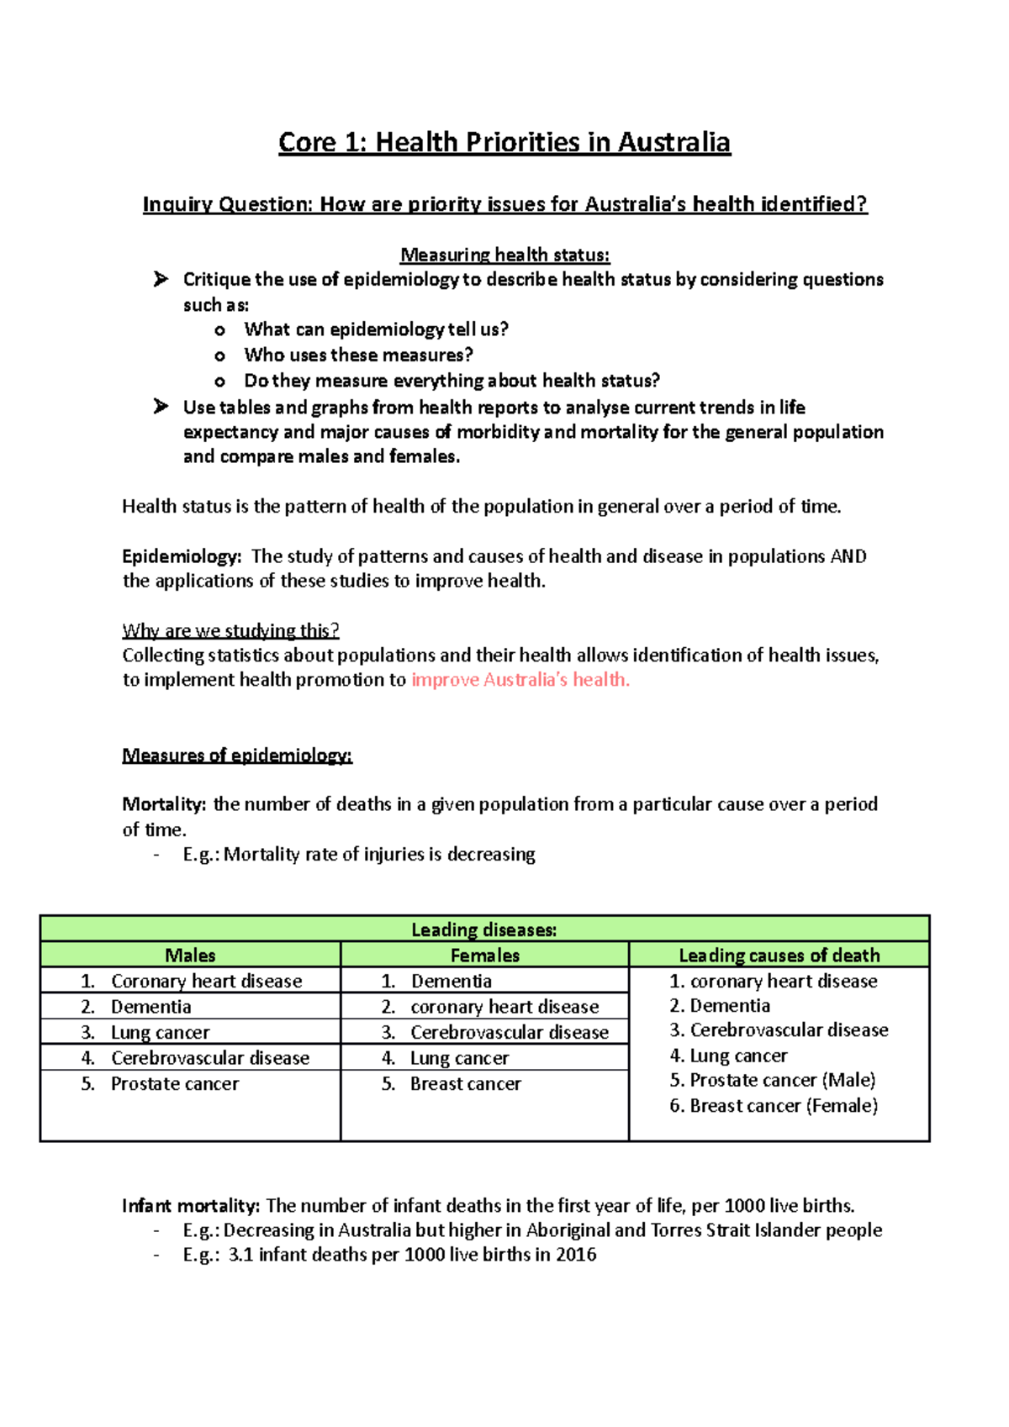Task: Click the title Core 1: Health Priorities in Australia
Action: (x=504, y=142)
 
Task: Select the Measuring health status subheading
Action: (x=504, y=255)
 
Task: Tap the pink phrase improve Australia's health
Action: (x=520, y=680)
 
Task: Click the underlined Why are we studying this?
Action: (x=230, y=630)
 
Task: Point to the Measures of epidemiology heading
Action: (x=237, y=755)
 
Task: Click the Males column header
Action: (x=190, y=955)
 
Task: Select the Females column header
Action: (x=484, y=955)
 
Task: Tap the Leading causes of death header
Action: (x=779, y=955)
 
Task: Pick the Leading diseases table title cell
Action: (x=484, y=929)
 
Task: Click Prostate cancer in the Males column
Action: (x=175, y=1084)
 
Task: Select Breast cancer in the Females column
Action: (x=465, y=1084)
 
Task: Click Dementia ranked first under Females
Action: (x=452, y=981)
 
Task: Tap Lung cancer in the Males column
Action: (x=160, y=1033)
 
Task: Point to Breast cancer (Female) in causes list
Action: (x=783, y=1106)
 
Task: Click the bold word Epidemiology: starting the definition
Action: (x=182, y=556)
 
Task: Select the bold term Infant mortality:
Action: (x=191, y=1206)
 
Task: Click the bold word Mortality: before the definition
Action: (x=164, y=804)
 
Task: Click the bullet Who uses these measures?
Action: (x=358, y=355)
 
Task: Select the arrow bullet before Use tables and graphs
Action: (x=161, y=407)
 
